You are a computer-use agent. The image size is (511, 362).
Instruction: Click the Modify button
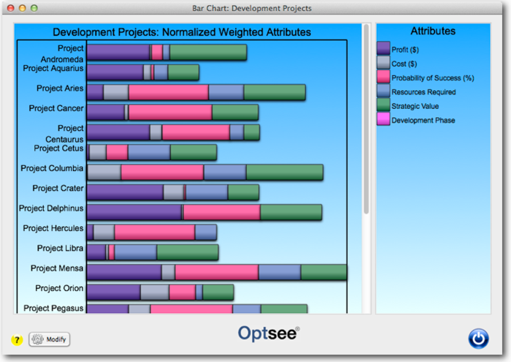click(50, 339)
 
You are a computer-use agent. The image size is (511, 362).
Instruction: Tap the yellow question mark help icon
click(16, 340)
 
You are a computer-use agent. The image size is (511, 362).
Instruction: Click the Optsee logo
click(269, 333)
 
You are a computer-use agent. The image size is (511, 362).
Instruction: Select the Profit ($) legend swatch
click(383, 49)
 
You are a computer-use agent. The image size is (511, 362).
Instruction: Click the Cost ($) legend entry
click(404, 64)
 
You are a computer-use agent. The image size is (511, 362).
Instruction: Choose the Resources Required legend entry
click(423, 92)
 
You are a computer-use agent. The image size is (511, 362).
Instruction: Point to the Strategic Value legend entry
click(415, 106)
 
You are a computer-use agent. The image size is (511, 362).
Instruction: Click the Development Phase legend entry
click(423, 120)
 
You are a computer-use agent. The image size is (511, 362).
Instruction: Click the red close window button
click(10, 8)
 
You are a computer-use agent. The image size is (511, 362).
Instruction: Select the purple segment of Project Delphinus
click(134, 212)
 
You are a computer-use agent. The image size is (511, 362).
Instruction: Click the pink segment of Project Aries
click(168, 92)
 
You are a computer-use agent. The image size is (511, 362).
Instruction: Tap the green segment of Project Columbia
click(285, 172)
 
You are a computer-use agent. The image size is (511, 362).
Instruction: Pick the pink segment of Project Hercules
click(155, 232)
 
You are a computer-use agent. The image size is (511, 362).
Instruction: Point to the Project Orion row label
click(59, 288)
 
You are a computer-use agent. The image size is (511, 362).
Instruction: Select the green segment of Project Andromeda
click(208, 53)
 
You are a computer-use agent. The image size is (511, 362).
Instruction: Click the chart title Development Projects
click(182, 32)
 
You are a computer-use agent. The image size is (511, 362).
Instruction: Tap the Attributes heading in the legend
click(433, 31)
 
